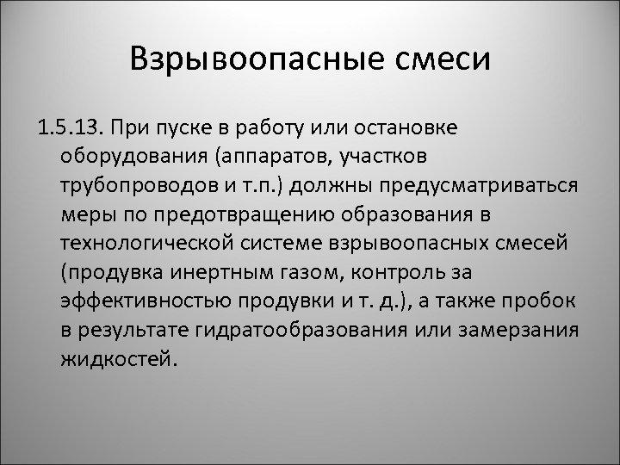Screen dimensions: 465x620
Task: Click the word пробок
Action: coord(550,301)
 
